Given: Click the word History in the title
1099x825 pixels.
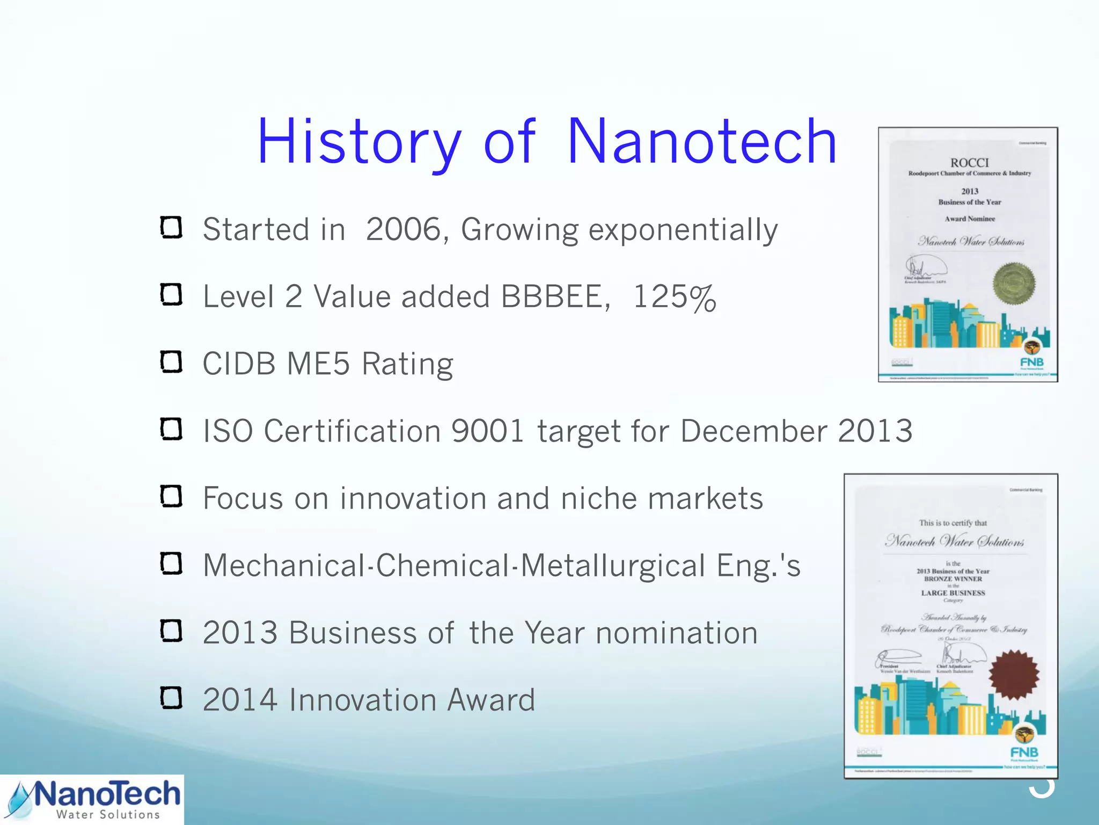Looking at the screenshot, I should [x=358, y=142].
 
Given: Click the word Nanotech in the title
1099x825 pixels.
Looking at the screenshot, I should [x=701, y=142].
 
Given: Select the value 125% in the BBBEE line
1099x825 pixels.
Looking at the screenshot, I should [x=675, y=297].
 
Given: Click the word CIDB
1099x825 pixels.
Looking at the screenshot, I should [x=239, y=364].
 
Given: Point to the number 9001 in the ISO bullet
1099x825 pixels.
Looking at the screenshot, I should [x=487, y=431].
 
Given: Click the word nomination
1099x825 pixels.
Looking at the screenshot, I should [x=677, y=633].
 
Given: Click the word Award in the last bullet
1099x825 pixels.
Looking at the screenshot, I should [x=491, y=700].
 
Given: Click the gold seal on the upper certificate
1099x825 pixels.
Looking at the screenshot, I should [x=1013, y=283].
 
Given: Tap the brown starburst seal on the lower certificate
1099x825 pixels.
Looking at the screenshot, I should [x=1013, y=675].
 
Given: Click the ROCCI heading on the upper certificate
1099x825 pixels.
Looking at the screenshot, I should [x=969, y=163].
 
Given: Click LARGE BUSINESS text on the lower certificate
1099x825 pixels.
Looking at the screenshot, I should [x=953, y=593].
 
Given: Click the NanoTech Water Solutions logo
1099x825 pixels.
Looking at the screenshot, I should [x=92, y=800].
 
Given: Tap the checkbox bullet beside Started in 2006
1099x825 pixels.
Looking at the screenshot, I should [x=172, y=228].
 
